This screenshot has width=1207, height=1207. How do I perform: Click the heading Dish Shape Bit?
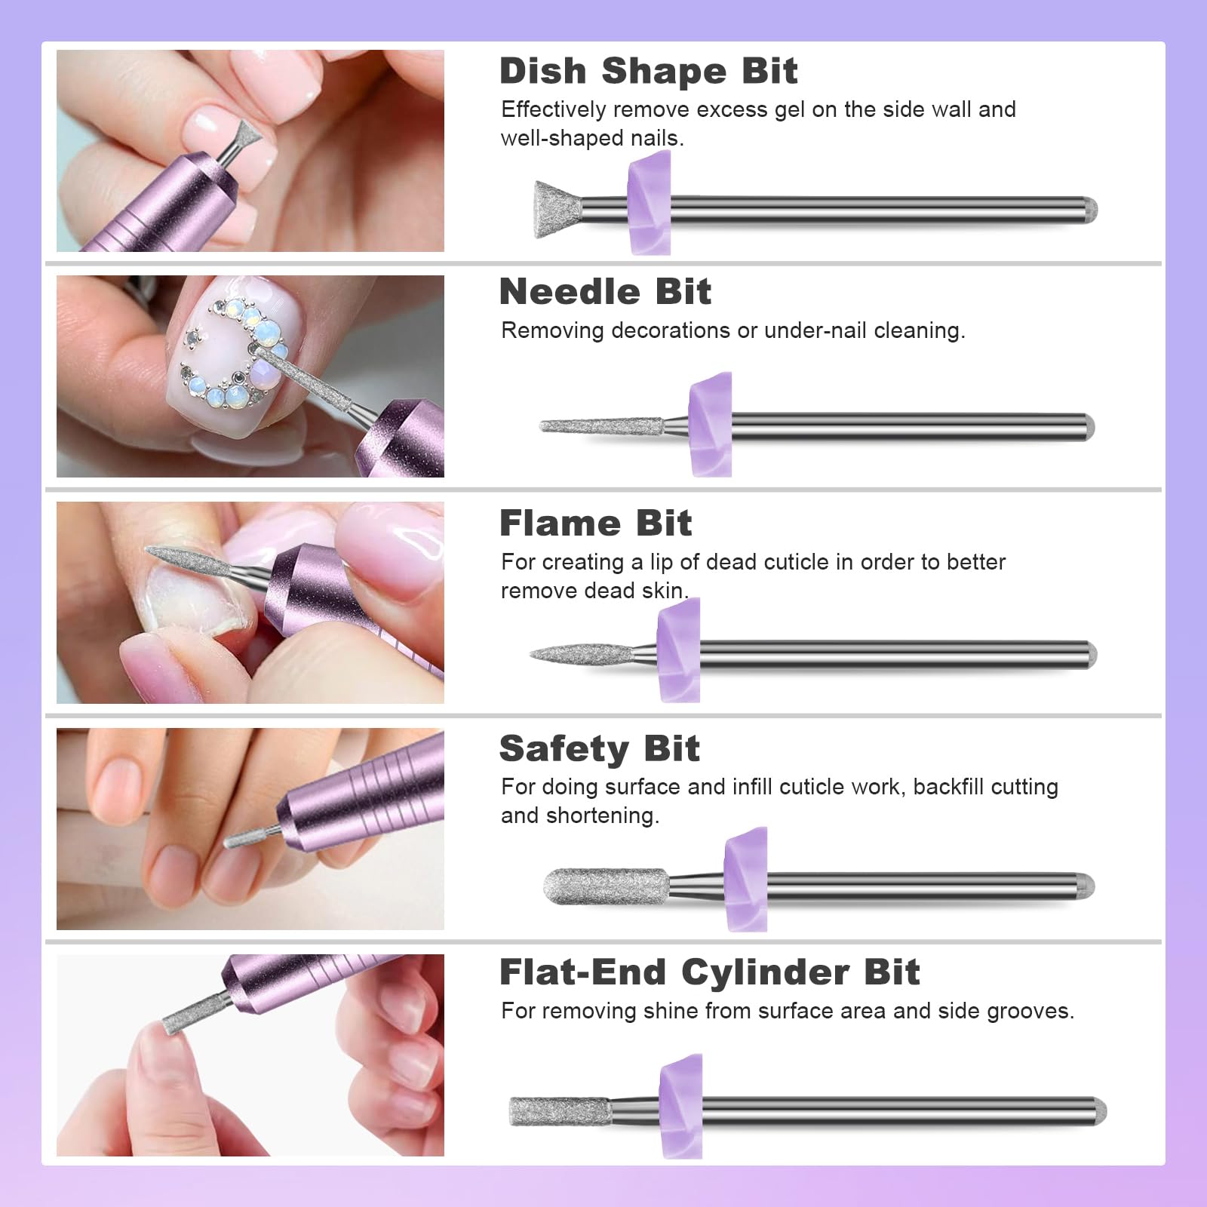[648, 72]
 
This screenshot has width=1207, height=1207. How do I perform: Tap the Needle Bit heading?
[605, 292]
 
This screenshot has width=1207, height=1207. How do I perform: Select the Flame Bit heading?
[595, 524]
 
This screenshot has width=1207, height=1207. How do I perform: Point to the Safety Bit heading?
[599, 749]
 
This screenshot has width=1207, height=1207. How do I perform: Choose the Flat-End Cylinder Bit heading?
[709, 972]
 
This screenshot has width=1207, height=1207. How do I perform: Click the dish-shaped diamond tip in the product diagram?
[558, 210]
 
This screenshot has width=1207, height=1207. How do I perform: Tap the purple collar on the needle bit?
[711, 425]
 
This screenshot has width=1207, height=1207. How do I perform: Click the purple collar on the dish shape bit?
[650, 202]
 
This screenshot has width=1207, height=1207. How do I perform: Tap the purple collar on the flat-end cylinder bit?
[681, 1106]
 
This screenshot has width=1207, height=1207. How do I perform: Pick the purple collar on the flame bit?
[678, 650]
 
